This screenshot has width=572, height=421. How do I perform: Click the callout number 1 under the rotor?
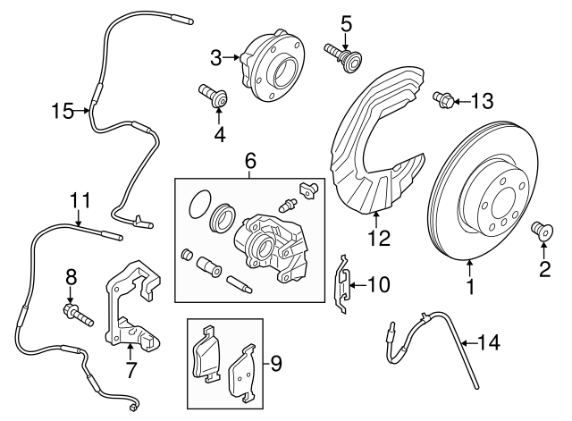tap(469, 289)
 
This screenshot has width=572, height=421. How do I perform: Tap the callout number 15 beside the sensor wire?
tap(62, 111)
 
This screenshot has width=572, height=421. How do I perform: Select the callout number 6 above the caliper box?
tap(250, 162)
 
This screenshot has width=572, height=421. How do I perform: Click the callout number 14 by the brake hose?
tap(491, 341)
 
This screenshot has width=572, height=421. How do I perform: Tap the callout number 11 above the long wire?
tap(80, 199)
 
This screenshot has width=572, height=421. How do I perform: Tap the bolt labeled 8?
tap(75, 314)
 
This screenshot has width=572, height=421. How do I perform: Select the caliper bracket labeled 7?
tap(130, 308)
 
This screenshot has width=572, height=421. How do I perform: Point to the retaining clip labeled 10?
tap(341, 284)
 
